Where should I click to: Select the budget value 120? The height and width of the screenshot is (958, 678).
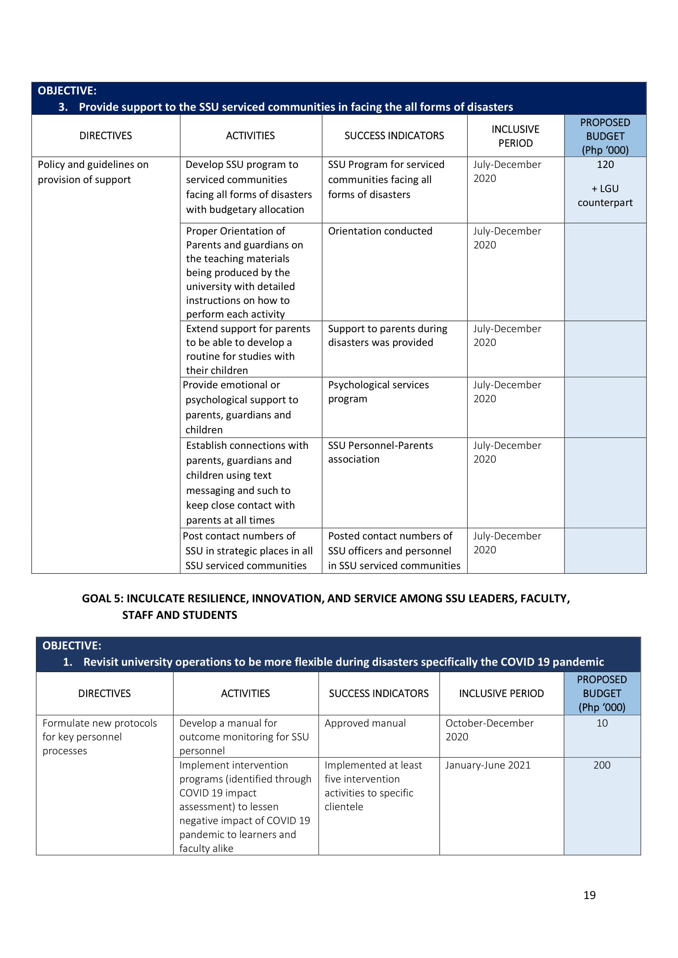point(605,164)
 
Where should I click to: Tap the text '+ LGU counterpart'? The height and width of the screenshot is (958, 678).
point(605,196)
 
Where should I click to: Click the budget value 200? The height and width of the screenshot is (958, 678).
point(602,765)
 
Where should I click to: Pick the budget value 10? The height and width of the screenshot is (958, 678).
point(602,723)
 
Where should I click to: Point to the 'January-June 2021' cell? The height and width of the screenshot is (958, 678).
point(488,765)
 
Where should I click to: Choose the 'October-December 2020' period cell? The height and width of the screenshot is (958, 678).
point(489,730)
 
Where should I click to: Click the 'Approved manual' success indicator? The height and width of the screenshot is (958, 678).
point(365,723)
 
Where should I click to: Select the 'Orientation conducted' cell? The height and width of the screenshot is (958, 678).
point(380,231)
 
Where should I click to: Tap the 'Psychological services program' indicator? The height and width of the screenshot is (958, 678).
point(378,392)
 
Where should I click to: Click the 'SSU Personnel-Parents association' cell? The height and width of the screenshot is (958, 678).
point(380,452)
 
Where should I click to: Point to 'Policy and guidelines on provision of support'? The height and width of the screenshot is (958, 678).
point(93,172)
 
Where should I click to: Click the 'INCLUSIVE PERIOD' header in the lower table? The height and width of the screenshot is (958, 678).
point(501,693)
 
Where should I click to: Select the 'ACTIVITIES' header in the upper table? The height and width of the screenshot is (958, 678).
point(250,136)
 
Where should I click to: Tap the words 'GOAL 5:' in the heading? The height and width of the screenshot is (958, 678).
point(103,598)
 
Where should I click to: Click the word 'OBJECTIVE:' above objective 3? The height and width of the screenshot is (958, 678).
point(67,91)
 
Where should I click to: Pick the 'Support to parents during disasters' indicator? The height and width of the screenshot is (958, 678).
point(387,335)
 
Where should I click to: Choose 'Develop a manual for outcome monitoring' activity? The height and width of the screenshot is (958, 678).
point(244,736)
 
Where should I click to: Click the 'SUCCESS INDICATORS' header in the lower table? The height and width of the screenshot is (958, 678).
point(378,693)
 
